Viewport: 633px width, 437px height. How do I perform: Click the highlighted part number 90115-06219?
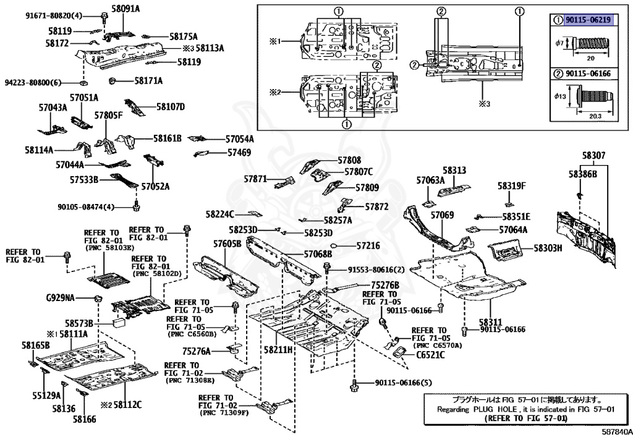pos(588,20)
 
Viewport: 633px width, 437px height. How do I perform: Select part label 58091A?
pos(125,9)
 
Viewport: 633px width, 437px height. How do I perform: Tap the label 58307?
pos(593,156)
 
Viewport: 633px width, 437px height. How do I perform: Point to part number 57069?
pos(442,215)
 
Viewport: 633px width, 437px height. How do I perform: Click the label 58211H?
pos(278,350)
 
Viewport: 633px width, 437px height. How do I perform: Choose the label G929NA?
pos(60,298)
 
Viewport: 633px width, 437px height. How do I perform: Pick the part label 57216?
pos(368,245)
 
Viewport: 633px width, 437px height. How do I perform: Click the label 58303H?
pos(548,248)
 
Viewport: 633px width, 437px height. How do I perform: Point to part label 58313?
pos(454,169)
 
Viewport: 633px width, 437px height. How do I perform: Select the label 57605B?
pos(227,244)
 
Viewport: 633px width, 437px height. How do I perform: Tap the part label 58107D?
pos(171,106)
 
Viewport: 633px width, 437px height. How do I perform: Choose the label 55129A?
pos(47,395)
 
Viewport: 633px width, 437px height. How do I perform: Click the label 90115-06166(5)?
pos(404,383)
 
